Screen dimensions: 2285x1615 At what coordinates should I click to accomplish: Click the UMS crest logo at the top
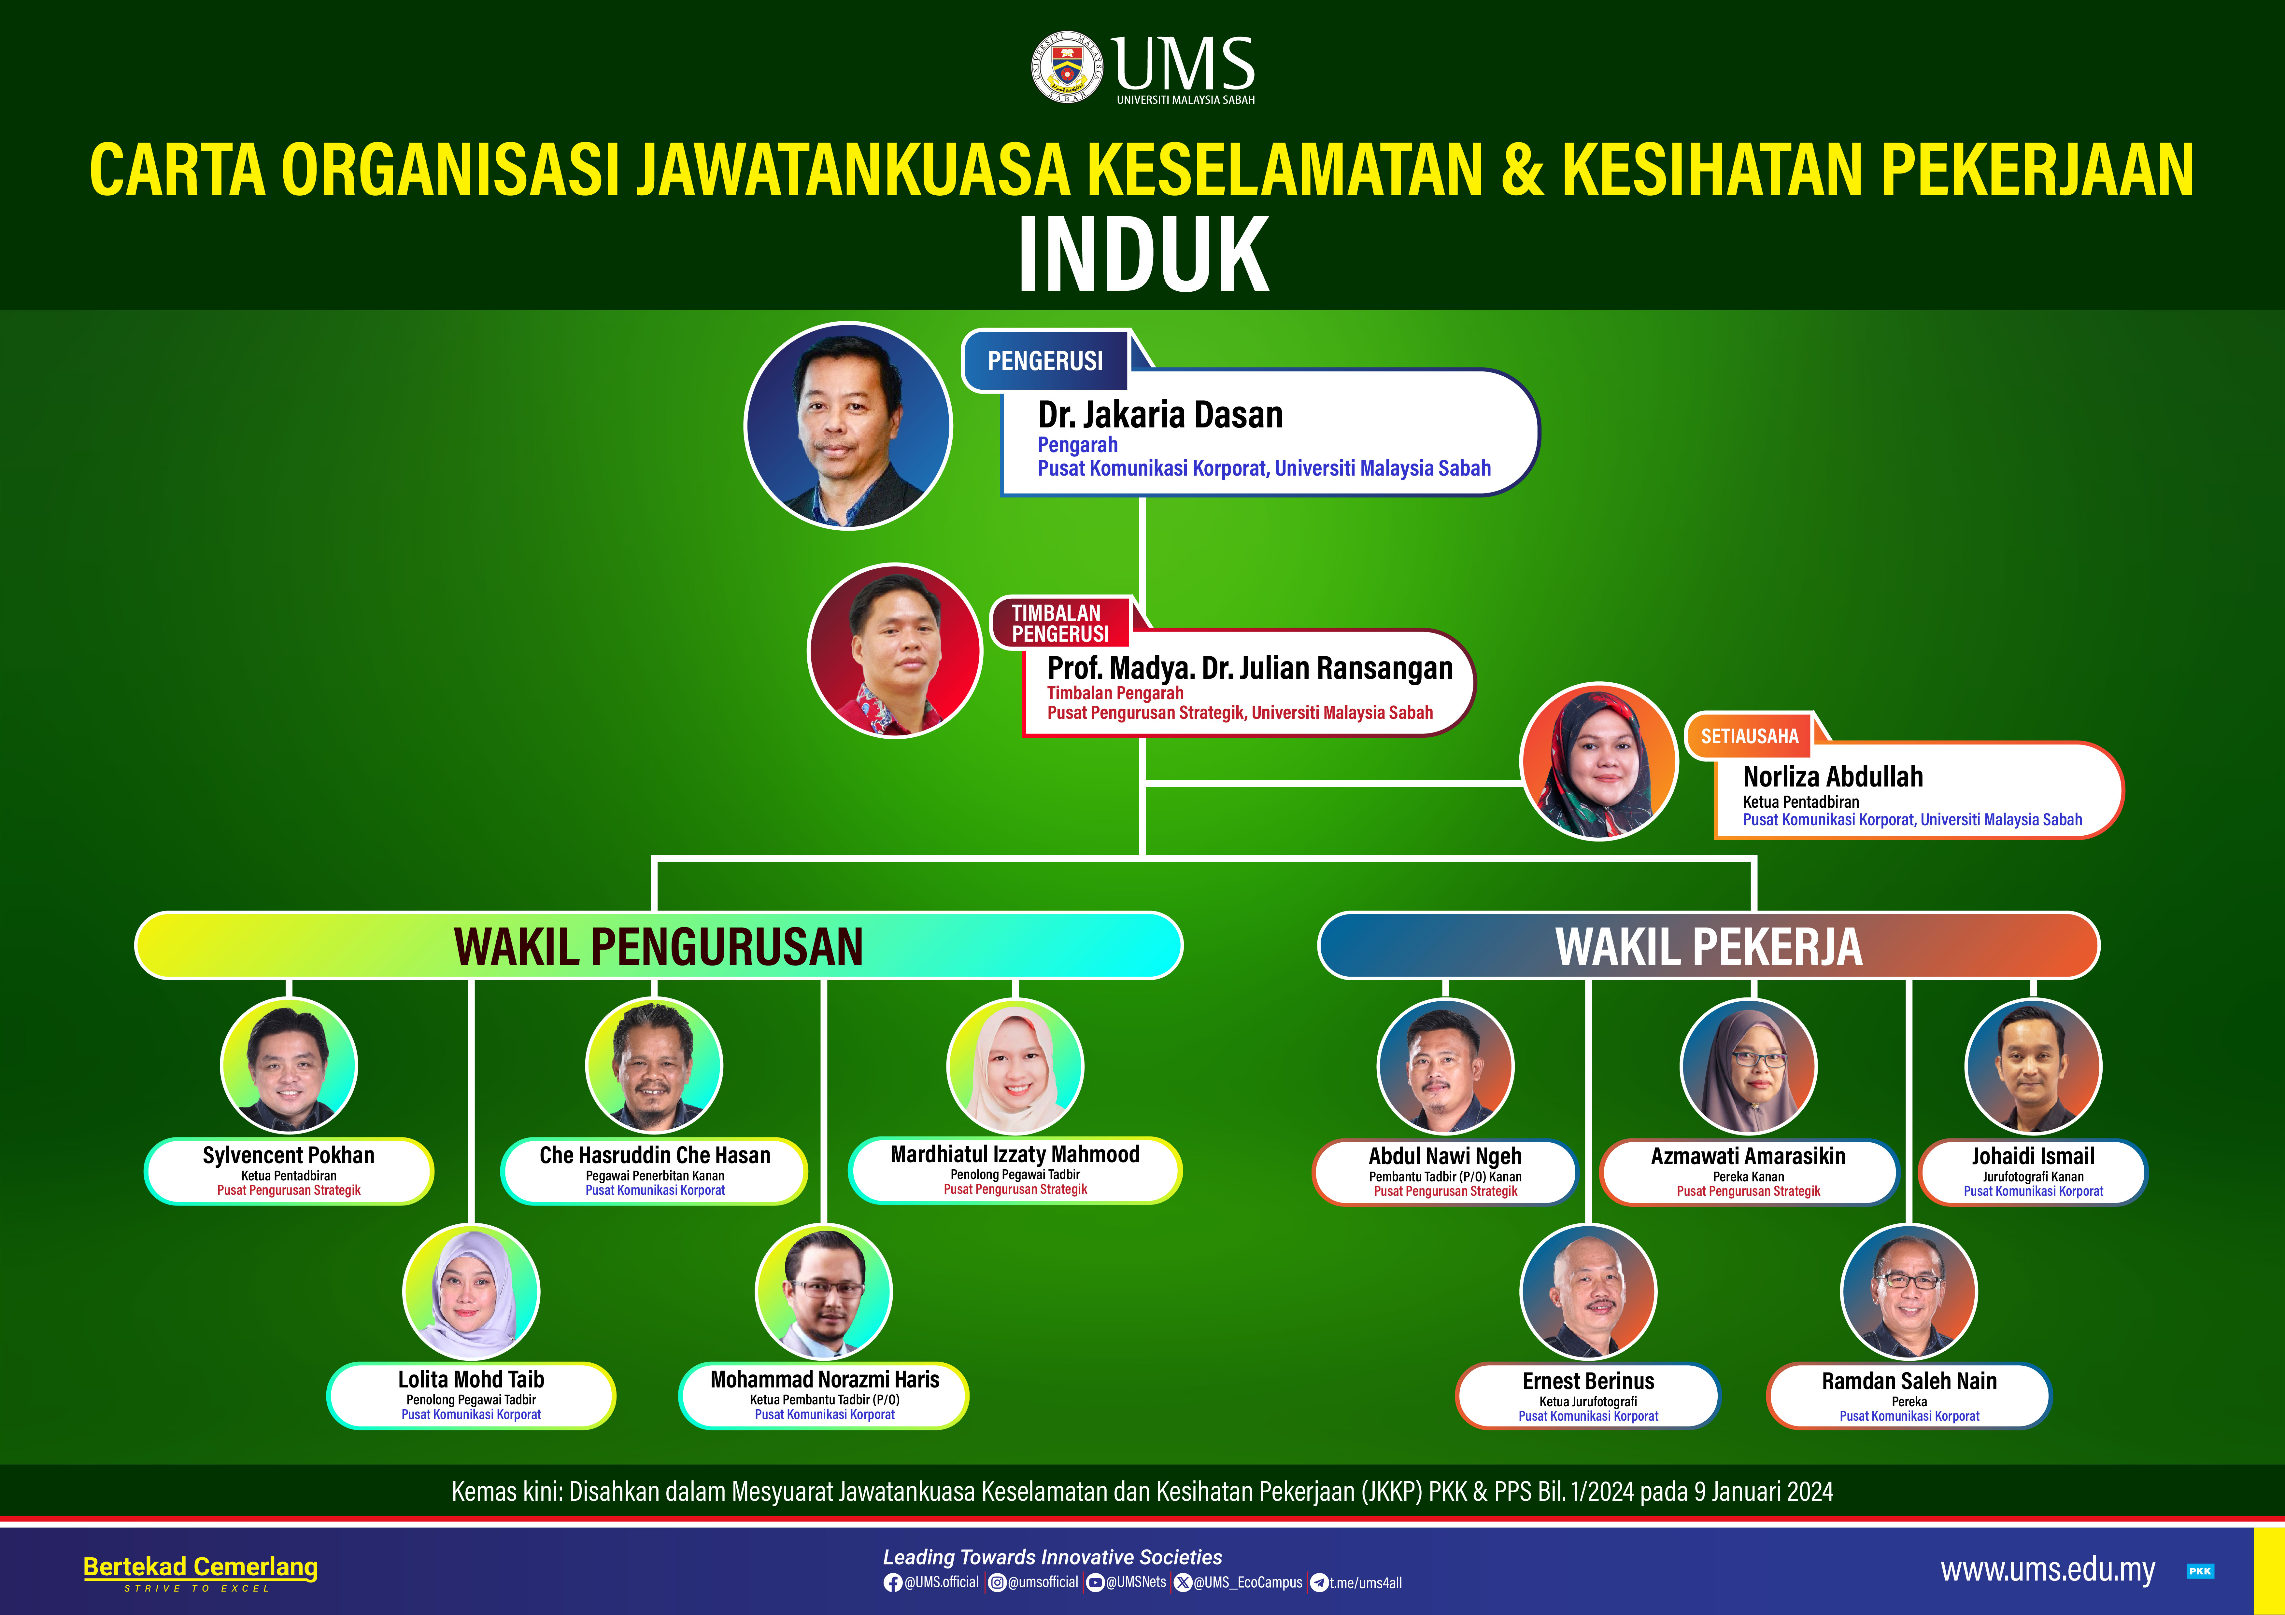pyautogui.click(x=1067, y=67)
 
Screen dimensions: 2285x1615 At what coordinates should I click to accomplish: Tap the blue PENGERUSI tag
pyautogui.click(x=1045, y=360)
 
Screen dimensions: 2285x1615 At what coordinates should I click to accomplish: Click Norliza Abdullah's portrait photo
pyautogui.click(x=1599, y=761)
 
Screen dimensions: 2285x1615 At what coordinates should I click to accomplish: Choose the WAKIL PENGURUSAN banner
pyautogui.click(x=659, y=945)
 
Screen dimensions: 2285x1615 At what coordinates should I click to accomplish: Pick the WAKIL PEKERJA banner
pyautogui.click(x=1709, y=945)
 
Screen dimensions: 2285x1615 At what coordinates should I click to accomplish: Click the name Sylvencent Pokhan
pyautogui.click(x=289, y=1155)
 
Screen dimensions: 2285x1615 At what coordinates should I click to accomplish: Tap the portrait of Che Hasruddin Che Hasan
pyautogui.click(x=654, y=1066)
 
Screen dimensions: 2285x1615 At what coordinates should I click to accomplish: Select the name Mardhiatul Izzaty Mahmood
pyautogui.click(x=1015, y=1154)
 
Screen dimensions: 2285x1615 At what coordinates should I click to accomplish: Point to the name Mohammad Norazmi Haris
pyautogui.click(x=825, y=1379)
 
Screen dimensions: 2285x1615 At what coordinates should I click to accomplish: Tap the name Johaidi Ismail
pyautogui.click(x=2033, y=1156)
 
